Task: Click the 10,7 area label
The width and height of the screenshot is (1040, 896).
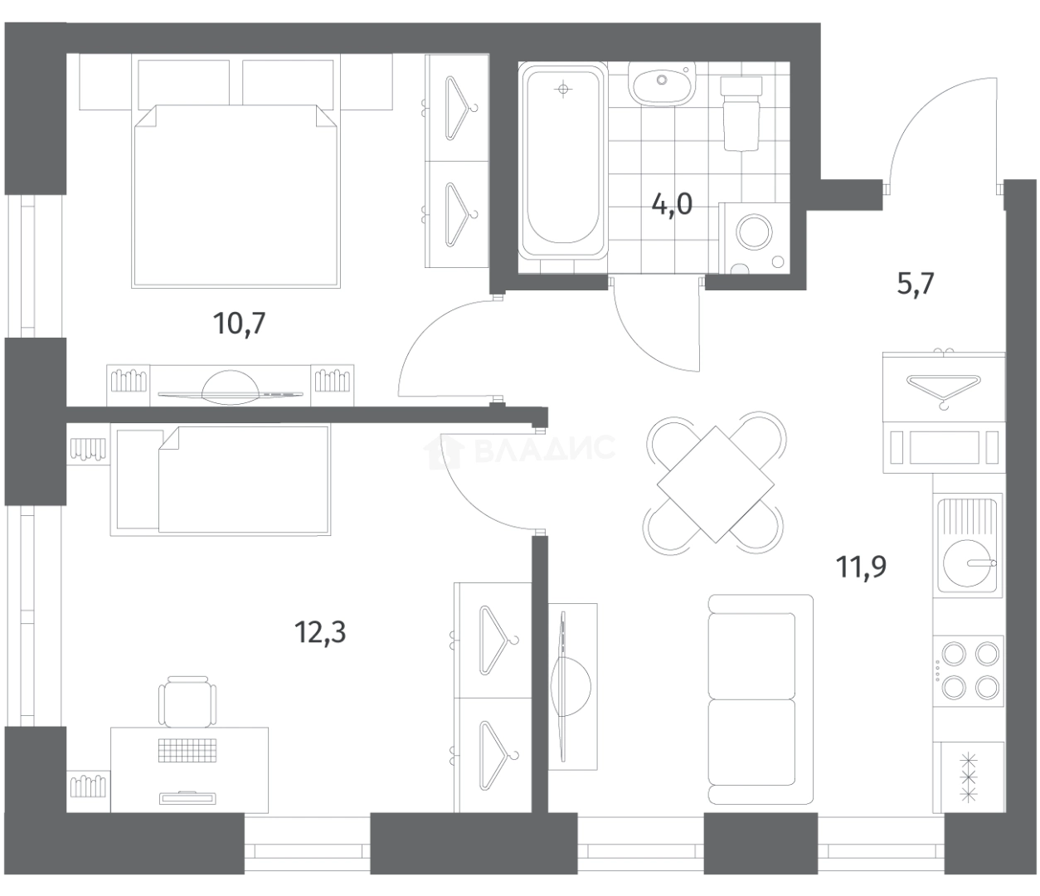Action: pyautogui.click(x=239, y=323)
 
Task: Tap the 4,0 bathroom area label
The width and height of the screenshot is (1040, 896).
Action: pyautogui.click(x=672, y=204)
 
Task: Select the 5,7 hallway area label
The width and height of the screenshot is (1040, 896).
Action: pyautogui.click(x=916, y=284)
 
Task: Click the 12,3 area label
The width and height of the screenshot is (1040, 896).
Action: pyautogui.click(x=320, y=632)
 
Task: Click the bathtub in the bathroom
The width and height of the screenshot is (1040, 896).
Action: pyautogui.click(x=563, y=161)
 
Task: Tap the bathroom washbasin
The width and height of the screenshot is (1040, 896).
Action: pyautogui.click(x=662, y=85)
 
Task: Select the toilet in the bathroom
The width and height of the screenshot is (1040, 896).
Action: pyautogui.click(x=741, y=114)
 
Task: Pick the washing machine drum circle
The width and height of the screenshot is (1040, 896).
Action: pyautogui.click(x=754, y=232)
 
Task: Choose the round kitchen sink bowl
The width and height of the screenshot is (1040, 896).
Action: pyautogui.click(x=968, y=562)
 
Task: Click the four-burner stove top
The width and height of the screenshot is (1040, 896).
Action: pyautogui.click(x=968, y=678)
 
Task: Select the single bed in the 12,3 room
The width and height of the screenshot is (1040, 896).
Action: pyautogui.click(x=221, y=480)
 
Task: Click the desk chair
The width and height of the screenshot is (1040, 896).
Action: pyautogui.click(x=187, y=702)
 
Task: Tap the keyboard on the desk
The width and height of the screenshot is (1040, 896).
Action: pyautogui.click(x=187, y=751)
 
